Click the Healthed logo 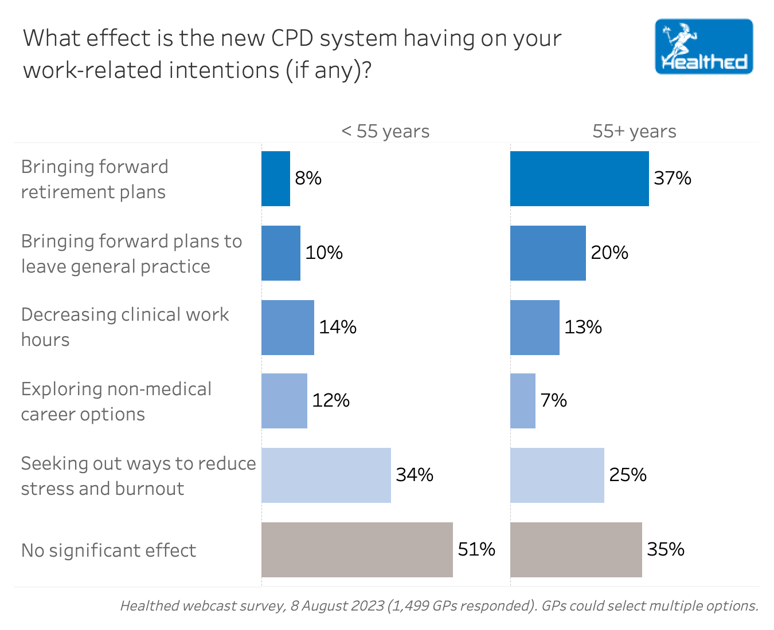pyautogui.click(x=703, y=46)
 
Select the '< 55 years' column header pyautogui.click(x=385, y=131)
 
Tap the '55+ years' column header pyautogui.click(x=634, y=131)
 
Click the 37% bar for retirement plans pyautogui.click(x=579, y=179)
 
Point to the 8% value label pyautogui.click(x=308, y=179)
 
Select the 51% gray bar pyautogui.click(x=357, y=550)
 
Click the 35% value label pyautogui.click(x=665, y=550)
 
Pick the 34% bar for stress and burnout pyautogui.click(x=326, y=475)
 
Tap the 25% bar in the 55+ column pyautogui.click(x=557, y=475)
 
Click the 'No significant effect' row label pyautogui.click(x=108, y=550)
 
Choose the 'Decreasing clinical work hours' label pyautogui.click(x=124, y=326)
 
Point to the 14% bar pyautogui.click(x=287, y=328)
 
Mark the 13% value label pyautogui.click(x=583, y=327)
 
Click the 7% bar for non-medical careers pyautogui.click(x=522, y=401)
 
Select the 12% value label pyautogui.click(x=330, y=400)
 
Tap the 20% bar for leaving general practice pyautogui.click(x=548, y=253)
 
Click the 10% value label pyautogui.click(x=323, y=253)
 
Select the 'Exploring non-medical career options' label pyautogui.click(x=116, y=401)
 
